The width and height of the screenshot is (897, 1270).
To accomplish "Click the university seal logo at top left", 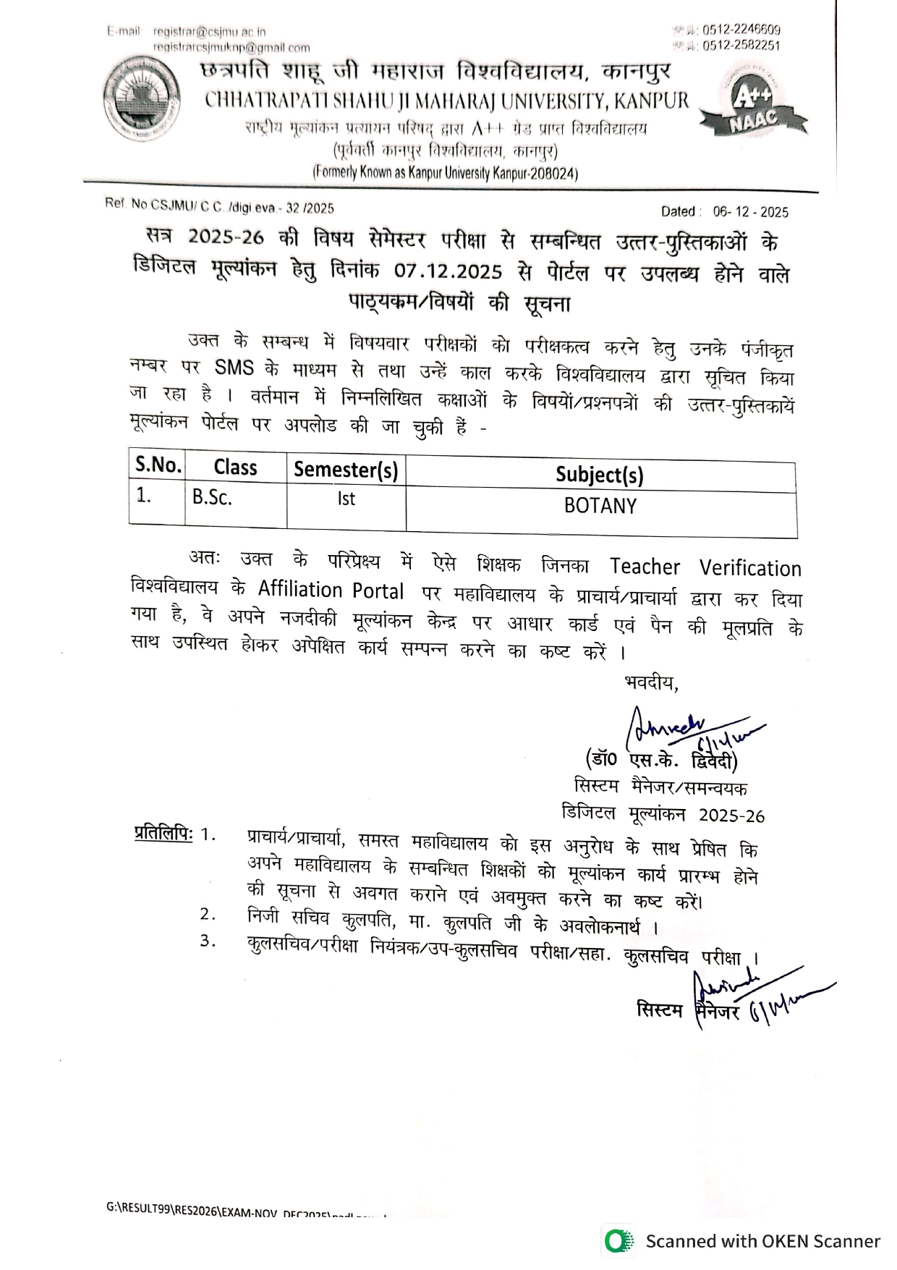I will click(x=143, y=101).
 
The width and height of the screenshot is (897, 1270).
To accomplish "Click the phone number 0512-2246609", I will click(x=741, y=30).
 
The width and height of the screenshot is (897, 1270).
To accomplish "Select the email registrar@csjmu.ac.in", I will click(x=210, y=32).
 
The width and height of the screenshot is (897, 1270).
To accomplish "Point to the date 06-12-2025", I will click(x=750, y=212).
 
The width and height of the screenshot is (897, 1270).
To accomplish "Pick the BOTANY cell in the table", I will click(x=600, y=506).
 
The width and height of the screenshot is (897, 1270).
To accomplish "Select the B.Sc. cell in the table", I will click(x=212, y=498).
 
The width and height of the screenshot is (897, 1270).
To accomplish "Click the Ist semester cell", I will click(x=346, y=499).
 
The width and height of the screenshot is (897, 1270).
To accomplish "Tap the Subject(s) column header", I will click(x=599, y=475).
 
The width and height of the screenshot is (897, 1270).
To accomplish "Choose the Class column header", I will click(x=235, y=467).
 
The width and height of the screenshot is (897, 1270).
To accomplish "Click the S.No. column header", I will click(x=158, y=465).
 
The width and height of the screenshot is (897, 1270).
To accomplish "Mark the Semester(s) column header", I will click(x=346, y=470).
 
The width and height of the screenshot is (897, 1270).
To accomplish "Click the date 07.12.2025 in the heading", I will click(x=448, y=271).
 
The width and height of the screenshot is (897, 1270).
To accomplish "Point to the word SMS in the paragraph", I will click(x=234, y=368).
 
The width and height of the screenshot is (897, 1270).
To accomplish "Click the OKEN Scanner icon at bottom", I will click(x=616, y=1241).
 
